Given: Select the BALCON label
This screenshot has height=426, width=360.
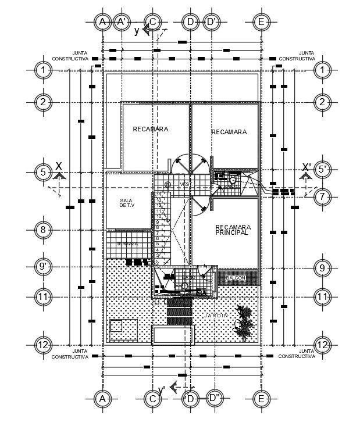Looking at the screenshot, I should (236, 278).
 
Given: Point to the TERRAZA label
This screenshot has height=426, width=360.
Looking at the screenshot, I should (127, 244).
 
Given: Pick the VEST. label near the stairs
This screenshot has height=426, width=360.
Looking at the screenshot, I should (186, 184).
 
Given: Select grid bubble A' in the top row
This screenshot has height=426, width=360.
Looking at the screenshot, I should (122, 22).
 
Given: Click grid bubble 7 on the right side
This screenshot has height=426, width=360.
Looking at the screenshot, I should (322, 196).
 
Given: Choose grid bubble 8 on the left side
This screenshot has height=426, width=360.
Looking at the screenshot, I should (43, 229).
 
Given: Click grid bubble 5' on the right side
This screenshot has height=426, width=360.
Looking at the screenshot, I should (322, 170).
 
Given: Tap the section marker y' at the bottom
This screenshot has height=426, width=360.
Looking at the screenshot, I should (161, 389).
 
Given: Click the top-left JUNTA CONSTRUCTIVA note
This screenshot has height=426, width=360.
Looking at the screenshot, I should (70, 56).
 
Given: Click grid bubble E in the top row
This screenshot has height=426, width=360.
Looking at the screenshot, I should (261, 22).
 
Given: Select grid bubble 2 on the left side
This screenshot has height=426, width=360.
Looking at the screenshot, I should (43, 102).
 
